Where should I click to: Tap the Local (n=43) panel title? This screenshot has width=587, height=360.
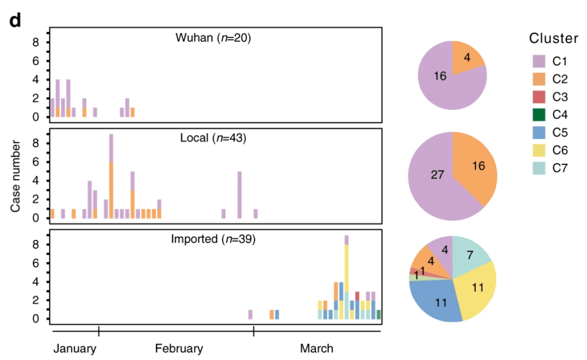(x=213, y=138)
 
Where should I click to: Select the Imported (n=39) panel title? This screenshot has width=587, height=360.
(x=213, y=239)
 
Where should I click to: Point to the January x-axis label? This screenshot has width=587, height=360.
(x=75, y=348)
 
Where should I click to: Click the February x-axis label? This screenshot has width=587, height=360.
(x=179, y=348)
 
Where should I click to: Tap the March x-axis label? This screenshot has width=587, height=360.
(x=316, y=348)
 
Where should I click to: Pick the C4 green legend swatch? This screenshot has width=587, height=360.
(x=538, y=115)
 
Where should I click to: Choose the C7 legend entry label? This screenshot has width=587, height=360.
(x=560, y=169)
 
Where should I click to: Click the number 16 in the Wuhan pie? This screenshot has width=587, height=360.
(x=440, y=76)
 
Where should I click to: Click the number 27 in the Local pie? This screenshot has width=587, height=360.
(x=438, y=175)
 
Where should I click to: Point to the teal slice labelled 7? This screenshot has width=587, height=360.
(x=471, y=255)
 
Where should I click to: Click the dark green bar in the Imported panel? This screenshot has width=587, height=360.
(x=378, y=314)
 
